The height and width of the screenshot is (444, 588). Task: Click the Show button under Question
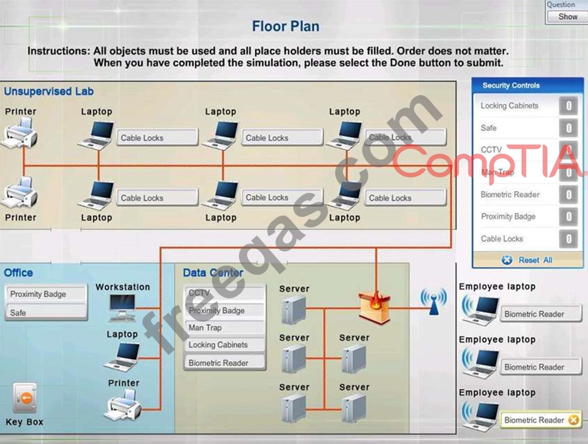pyautogui.click(x=567, y=17)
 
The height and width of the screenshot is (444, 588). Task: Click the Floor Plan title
pyautogui.click(x=285, y=26)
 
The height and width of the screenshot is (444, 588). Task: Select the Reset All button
pyautogui.click(x=527, y=260)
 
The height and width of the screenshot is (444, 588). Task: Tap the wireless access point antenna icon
pyautogui.click(x=433, y=301)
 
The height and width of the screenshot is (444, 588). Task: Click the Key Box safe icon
pyautogui.click(x=24, y=399)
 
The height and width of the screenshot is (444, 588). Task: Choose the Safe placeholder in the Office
pyautogui.click(x=46, y=312)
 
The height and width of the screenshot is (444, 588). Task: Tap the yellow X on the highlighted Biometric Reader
pyautogui.click(x=573, y=421)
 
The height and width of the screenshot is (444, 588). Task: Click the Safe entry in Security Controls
pyautogui.click(x=489, y=128)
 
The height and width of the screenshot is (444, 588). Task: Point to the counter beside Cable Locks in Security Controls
pyautogui.click(x=568, y=239)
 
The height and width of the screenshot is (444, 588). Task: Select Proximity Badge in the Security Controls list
pyautogui.click(x=508, y=217)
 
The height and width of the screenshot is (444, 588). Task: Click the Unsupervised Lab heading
pyautogui.click(x=49, y=91)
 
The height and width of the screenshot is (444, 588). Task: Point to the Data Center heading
pyautogui.click(x=213, y=272)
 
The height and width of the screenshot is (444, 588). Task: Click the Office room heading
pyautogui.click(x=18, y=272)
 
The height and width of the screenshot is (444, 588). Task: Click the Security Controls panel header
pyautogui.click(x=510, y=85)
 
